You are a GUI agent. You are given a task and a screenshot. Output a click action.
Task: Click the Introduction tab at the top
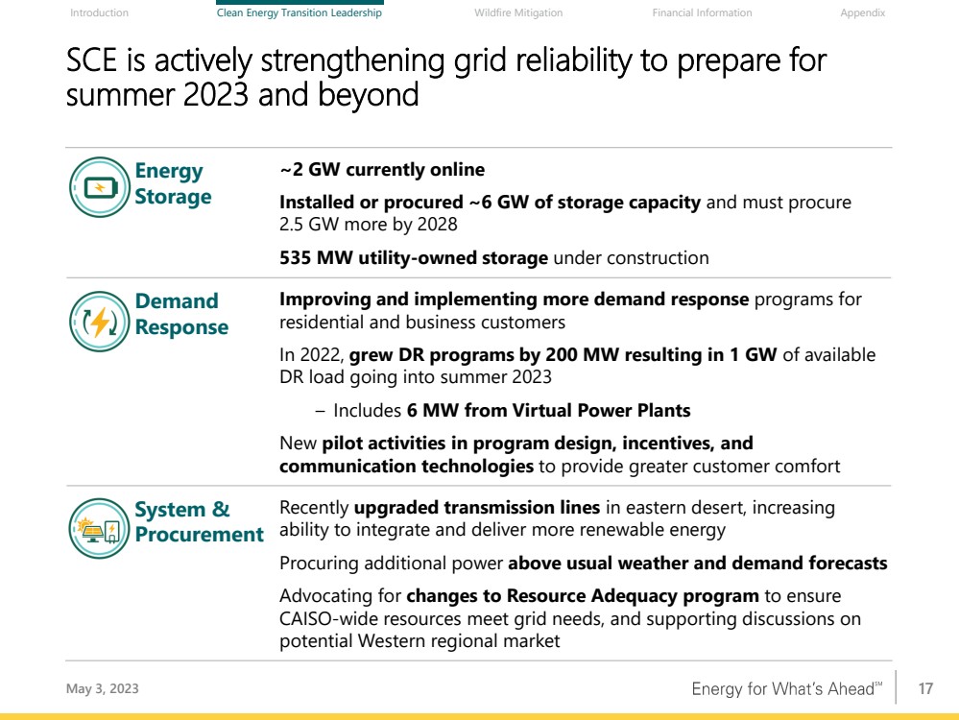tap(99, 12)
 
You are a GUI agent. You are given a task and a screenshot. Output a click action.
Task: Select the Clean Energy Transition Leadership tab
tap(300, 12)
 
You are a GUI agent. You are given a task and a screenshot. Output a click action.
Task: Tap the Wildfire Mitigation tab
tap(518, 12)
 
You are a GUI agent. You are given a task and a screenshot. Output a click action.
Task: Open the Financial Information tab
tap(702, 12)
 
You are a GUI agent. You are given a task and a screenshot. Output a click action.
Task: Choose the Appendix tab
tap(862, 12)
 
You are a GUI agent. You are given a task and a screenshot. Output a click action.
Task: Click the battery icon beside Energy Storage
tap(100, 187)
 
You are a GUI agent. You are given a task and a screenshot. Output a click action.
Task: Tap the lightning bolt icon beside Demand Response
tap(100, 322)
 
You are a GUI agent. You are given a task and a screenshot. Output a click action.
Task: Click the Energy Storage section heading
tap(173, 183)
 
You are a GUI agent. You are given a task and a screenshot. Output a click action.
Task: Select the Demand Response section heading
tap(181, 314)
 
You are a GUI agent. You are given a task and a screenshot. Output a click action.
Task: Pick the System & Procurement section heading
tap(199, 521)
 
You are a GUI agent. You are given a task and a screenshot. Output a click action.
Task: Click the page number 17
tap(925, 689)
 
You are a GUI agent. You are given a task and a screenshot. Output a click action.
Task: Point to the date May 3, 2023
tap(102, 689)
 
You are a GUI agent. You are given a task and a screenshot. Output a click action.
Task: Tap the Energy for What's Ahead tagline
tap(787, 689)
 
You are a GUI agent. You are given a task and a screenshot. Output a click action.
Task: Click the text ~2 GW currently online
tap(382, 170)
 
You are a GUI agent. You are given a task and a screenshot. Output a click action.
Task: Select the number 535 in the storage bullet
tap(295, 257)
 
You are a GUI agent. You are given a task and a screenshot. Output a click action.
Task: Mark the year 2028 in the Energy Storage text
tap(438, 225)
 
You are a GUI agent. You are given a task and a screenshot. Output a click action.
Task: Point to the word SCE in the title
tap(91, 60)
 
